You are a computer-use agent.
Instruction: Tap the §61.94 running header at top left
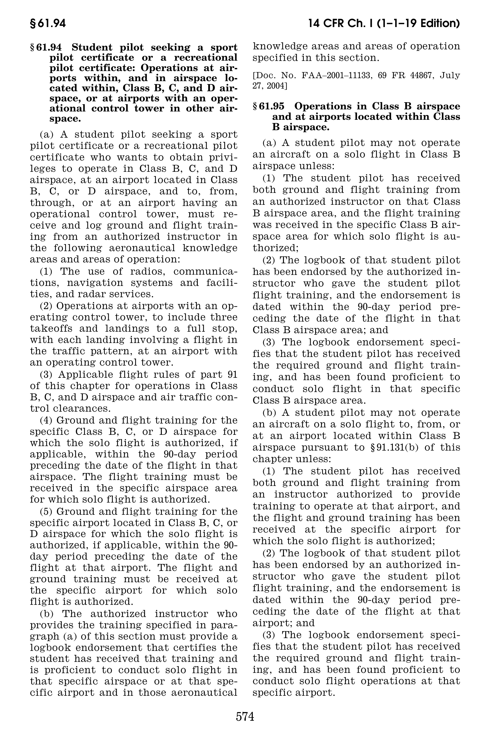48,24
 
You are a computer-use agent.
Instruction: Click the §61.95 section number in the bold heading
269,106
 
